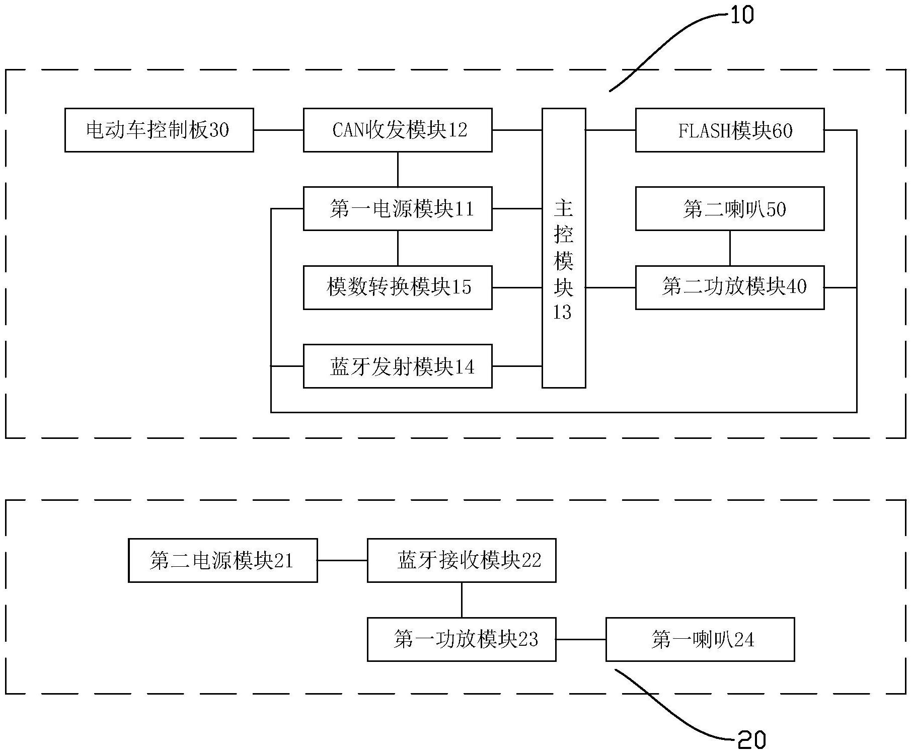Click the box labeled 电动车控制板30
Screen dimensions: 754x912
[x=159, y=130]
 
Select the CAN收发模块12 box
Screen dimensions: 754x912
[x=398, y=130]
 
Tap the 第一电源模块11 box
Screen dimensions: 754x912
[x=398, y=209]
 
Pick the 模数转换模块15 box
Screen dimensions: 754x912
[x=398, y=287]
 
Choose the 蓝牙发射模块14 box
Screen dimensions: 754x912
[x=398, y=366]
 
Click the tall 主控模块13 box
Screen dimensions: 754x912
[x=564, y=248]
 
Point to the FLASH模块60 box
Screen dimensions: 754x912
[x=730, y=130]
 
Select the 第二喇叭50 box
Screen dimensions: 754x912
[x=730, y=209]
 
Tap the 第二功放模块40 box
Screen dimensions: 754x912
[x=730, y=287]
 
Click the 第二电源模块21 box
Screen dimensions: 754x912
[x=223, y=560]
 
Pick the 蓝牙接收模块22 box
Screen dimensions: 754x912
[x=462, y=560]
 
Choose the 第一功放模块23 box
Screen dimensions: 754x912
[x=462, y=639]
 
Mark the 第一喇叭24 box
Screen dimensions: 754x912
[x=700, y=639]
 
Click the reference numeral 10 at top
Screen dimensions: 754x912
[x=742, y=15]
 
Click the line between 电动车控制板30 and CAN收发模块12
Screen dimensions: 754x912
[x=278, y=130]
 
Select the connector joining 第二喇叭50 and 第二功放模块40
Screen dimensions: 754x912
[x=730, y=248]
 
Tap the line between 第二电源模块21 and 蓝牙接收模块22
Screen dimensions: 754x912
[x=342, y=560]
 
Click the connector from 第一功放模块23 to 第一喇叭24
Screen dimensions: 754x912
[x=581, y=639]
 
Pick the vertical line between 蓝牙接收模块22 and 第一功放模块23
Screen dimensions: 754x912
[x=462, y=600]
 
